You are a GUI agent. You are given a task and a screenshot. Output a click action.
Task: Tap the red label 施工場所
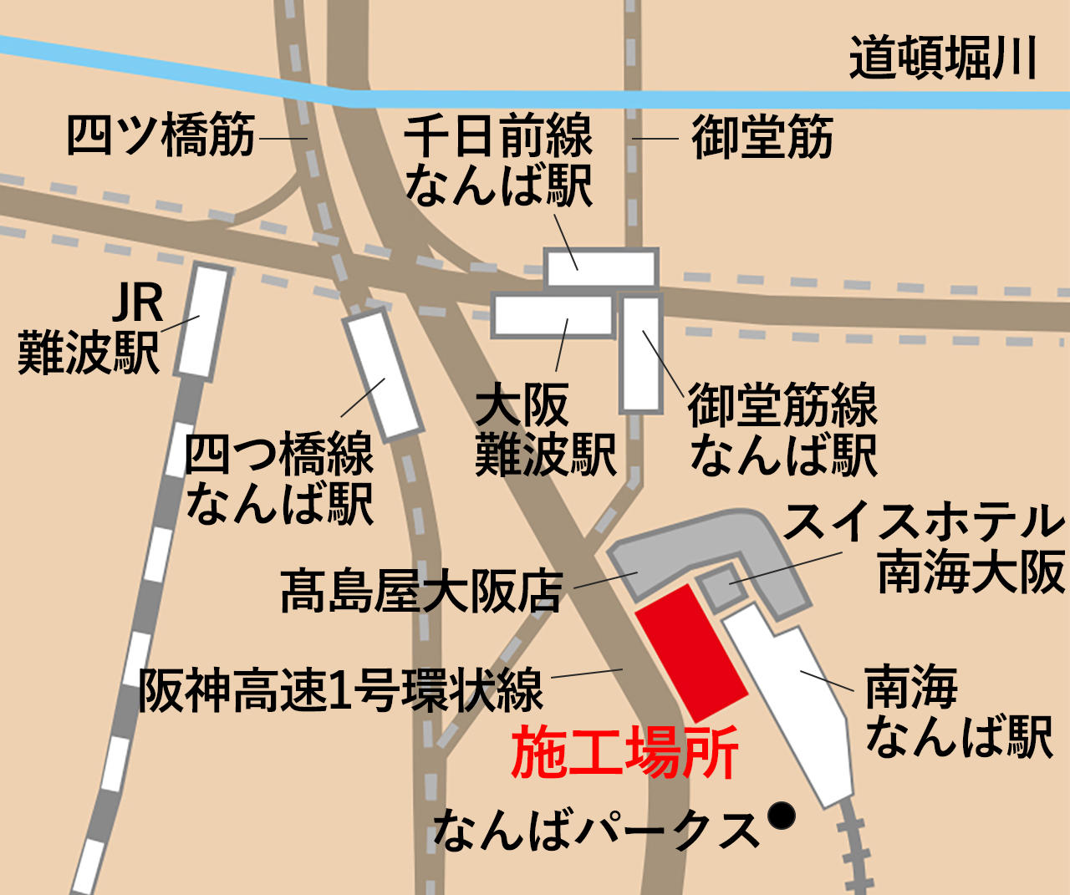tap(624, 753)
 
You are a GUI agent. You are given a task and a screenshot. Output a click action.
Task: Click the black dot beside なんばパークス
tap(782, 815)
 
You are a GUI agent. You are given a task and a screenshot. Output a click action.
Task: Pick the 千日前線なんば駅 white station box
tap(600, 268)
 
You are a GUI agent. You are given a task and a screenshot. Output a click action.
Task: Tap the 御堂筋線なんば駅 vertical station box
tap(641, 353)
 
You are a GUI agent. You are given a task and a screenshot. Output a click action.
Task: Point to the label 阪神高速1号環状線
tap(340, 690)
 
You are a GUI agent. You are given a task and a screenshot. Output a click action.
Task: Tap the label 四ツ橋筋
tap(160, 135)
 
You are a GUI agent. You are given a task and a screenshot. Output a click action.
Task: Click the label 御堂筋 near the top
tap(762, 138)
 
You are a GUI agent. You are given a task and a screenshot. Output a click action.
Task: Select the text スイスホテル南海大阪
tap(924, 547)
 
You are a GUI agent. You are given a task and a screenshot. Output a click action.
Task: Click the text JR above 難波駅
tap(138, 303)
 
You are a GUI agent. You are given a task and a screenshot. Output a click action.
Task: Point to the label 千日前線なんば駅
tap(498, 160)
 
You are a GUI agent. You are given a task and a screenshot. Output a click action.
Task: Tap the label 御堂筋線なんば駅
tap(782, 430)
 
